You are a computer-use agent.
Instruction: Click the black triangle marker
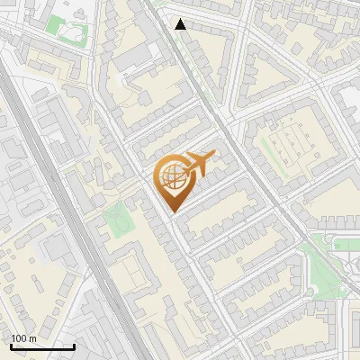pyautogui.click(x=181, y=24)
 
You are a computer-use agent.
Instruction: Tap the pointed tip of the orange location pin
pyautogui.click(x=171, y=212)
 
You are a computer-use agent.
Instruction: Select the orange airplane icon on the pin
pyautogui.click(x=200, y=163)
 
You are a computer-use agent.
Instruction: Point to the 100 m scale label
pyautogui.click(x=24, y=338)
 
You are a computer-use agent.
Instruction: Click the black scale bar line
pyautogui.click(x=42, y=346)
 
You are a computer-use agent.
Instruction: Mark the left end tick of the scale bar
pyautogui.click(x=11, y=345)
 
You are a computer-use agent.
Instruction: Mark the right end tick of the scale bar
pyautogui.click(x=74, y=345)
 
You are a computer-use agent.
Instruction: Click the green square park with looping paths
pyautogui.click(x=116, y=217)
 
